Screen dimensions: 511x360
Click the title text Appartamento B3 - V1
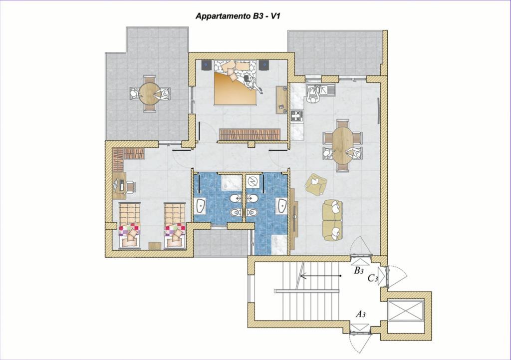point(238,16)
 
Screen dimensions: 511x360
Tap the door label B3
point(358,270)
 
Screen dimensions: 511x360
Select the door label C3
point(372,279)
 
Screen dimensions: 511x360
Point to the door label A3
point(360,314)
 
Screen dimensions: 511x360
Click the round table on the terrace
point(150,93)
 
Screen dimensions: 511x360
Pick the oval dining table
point(342,145)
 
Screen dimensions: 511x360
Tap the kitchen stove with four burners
point(297,116)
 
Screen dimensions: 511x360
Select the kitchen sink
point(326,90)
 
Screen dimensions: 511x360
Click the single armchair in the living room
point(316,184)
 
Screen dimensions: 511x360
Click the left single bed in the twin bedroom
point(129,226)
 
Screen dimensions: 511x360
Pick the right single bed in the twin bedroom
point(175,226)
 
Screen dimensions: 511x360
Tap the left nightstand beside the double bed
point(207,65)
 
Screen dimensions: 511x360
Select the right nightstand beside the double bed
point(264,65)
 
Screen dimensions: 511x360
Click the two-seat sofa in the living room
point(333,220)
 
